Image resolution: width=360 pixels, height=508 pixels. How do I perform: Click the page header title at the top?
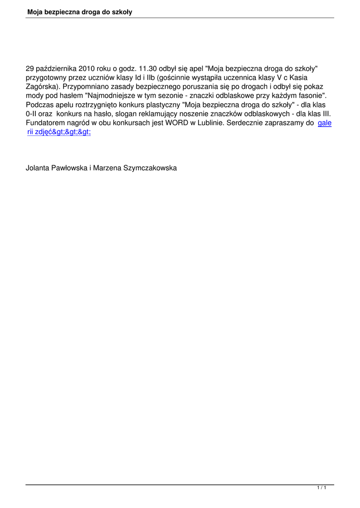coord(79,11)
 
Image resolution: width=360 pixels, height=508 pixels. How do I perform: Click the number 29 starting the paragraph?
coord(30,69)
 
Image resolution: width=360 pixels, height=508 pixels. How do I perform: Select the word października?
coord(56,69)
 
